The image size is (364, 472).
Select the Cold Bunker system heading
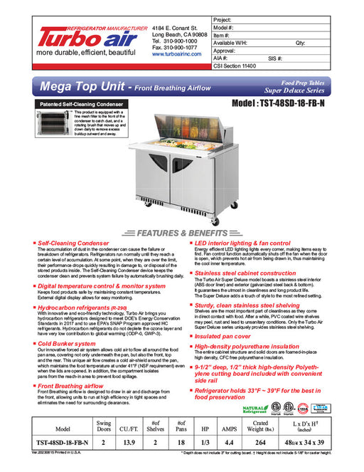pyautogui.click(x=68, y=343)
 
